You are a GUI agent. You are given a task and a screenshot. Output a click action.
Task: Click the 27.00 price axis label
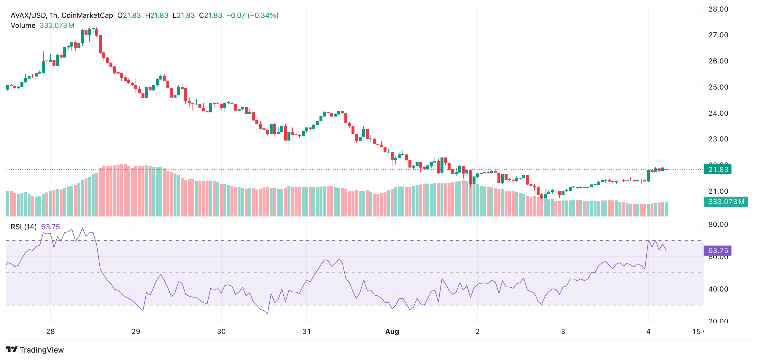718,35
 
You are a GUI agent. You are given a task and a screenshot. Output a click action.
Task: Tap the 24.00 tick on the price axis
718,113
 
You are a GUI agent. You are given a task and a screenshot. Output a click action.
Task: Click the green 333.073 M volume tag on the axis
725,202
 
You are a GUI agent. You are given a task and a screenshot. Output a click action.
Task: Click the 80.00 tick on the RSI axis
718,224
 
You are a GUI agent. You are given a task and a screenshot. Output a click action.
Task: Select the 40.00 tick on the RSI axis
718,289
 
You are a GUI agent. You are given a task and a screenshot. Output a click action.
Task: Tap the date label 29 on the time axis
136,332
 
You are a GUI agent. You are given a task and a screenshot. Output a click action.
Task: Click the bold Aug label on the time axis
392,332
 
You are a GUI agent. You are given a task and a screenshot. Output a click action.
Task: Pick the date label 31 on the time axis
306,332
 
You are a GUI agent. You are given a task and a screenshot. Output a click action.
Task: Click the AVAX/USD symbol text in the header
28,15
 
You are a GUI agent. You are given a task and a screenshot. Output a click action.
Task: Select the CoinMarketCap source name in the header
87,15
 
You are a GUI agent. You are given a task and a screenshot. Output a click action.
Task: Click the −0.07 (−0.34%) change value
252,15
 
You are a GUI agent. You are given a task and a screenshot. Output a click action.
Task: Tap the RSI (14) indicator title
24,227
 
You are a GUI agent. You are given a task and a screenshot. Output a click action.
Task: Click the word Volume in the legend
23,26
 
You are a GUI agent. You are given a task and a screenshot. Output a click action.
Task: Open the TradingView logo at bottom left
35,350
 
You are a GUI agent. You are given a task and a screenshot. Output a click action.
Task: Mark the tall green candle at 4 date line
648,176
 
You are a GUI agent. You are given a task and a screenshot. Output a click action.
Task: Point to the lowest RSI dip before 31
268,313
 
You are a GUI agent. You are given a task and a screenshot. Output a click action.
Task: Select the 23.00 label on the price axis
718,139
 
